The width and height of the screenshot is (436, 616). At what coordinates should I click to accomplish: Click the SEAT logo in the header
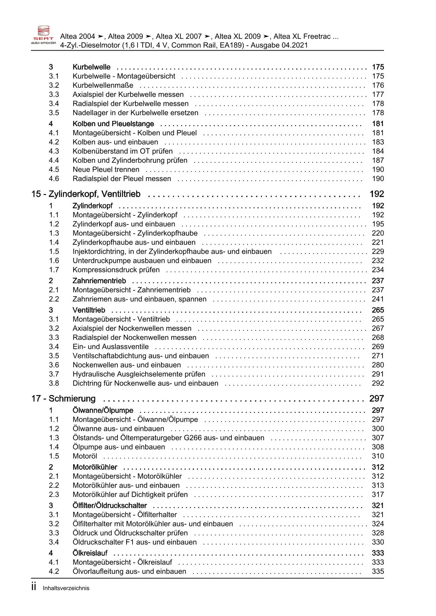click(43, 35)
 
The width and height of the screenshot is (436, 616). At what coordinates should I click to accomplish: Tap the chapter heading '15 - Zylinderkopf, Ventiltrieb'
click(86, 194)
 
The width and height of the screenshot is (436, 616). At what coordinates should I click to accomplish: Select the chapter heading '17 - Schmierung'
click(63, 398)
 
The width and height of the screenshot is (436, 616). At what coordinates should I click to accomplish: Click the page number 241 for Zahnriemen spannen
click(378, 299)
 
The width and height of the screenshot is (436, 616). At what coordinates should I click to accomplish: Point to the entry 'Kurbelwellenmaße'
click(103, 85)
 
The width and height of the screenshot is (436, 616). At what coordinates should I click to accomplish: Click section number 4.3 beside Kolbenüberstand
click(54, 151)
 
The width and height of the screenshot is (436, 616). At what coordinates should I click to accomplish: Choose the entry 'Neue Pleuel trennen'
click(106, 169)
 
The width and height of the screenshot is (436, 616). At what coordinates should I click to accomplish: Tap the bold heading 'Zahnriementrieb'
click(99, 281)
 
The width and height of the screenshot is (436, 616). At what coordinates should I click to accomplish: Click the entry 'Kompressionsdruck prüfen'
click(116, 270)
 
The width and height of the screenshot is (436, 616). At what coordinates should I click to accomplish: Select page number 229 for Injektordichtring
click(378, 252)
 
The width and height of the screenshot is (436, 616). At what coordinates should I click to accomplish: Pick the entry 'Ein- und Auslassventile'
click(110, 346)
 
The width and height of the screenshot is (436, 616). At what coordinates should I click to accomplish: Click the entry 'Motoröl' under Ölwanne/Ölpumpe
click(85, 456)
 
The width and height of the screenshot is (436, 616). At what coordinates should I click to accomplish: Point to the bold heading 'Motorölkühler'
click(95, 467)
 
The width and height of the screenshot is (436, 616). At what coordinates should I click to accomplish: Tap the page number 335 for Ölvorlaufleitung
click(378, 571)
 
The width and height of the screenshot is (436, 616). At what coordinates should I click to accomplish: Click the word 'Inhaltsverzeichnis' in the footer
click(66, 588)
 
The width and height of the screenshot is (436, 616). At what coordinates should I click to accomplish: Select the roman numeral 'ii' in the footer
click(34, 587)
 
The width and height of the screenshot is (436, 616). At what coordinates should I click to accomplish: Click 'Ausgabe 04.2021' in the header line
click(279, 45)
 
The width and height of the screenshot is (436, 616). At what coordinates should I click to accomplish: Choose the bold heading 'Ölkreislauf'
click(90, 553)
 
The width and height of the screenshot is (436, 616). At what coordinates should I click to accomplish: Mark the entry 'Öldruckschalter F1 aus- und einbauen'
click(134, 542)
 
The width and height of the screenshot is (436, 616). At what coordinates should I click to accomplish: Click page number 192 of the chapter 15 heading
click(377, 194)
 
